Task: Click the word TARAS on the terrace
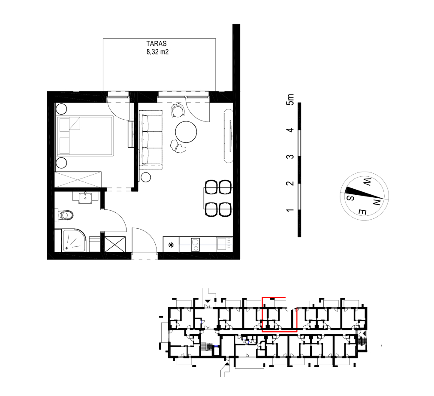coord(157,43)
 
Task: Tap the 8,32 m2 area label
coord(157,52)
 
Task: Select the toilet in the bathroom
coord(66,215)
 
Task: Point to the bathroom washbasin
coord(85,198)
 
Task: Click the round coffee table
coord(186,132)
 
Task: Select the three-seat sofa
coord(151,139)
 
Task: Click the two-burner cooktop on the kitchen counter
coord(196,245)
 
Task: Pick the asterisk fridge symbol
coord(172,245)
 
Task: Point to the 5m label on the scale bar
coord(290,100)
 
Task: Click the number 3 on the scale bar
coord(290,157)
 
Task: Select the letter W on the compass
coord(367,182)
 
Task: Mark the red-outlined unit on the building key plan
coord(280,314)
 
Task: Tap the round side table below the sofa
coord(145,177)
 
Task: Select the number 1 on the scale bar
coord(290,210)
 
